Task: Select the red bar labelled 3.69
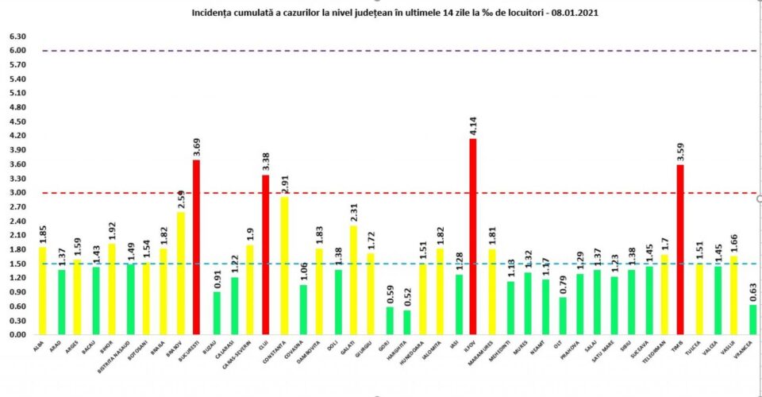197,247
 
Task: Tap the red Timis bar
680,249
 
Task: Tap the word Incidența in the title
212,13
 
